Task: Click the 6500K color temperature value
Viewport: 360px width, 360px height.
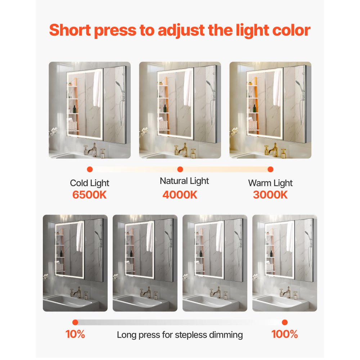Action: tap(89, 195)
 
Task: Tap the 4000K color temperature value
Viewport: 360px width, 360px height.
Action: tap(180, 195)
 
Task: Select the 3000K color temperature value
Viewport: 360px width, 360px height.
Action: tap(270, 195)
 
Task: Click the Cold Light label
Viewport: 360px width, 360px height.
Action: tap(89, 183)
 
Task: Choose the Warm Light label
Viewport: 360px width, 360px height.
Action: tap(270, 183)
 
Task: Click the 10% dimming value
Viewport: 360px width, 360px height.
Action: tap(75, 334)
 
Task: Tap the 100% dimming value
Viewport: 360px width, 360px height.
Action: tap(285, 334)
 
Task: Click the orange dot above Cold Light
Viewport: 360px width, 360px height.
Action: tap(90, 169)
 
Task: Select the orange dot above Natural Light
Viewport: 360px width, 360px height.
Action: tap(180, 169)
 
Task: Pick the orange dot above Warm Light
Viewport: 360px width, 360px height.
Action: tap(270, 169)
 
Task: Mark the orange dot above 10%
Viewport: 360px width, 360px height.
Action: tap(75, 322)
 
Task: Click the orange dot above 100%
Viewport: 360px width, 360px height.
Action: tap(285, 322)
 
